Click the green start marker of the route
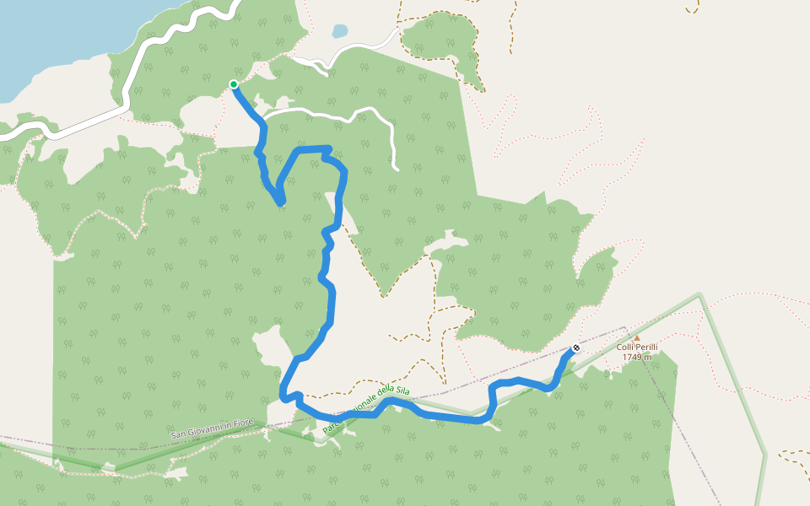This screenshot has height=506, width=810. [234, 84]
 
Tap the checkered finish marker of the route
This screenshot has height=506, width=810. [576, 347]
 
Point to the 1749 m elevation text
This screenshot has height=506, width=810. [637, 358]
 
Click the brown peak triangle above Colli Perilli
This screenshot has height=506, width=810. [637, 337]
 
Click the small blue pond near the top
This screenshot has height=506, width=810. [339, 31]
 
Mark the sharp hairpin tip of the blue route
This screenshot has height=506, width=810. [280, 202]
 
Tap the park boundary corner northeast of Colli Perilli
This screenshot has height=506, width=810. [699, 294]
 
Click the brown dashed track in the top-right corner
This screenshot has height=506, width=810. [693, 8]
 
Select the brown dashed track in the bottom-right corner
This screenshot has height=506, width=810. [794, 455]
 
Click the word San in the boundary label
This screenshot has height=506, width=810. [177, 436]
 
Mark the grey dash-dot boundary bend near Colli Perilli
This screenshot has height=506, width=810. [625, 327]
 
